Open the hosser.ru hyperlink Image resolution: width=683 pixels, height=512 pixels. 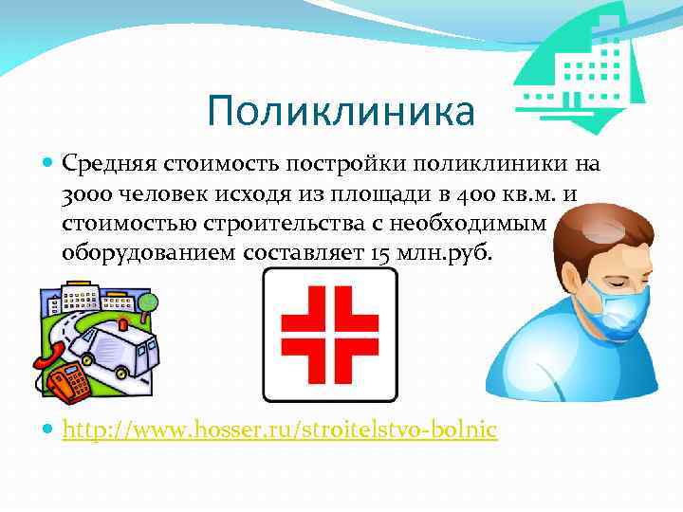click(x=279, y=430)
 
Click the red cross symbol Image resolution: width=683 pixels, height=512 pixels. click(x=329, y=333)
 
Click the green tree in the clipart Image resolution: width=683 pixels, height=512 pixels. click(x=147, y=302)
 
